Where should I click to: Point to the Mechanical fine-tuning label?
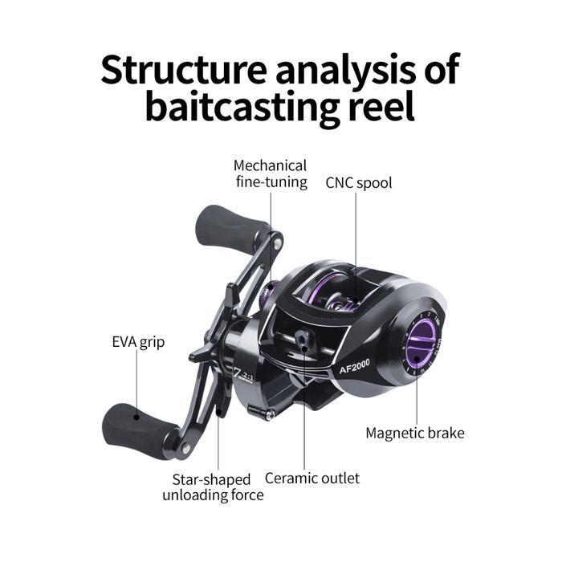(x=270, y=173)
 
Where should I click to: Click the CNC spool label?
(x=358, y=182)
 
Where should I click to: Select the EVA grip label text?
(x=138, y=342)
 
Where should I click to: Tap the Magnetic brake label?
(x=414, y=433)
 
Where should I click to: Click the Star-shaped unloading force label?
(x=213, y=487)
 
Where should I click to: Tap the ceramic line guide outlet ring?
(x=303, y=340)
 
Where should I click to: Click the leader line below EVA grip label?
(x=137, y=385)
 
